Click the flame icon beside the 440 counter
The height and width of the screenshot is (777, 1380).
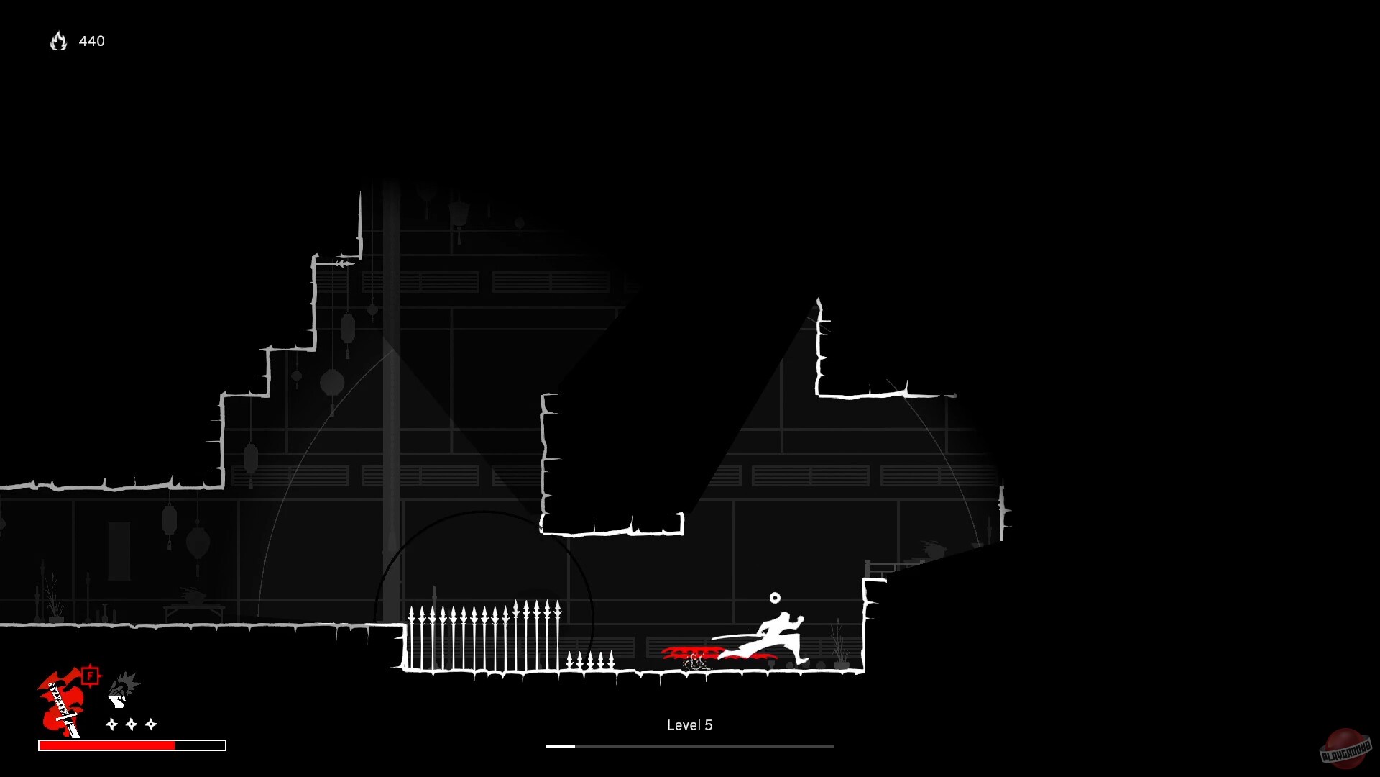coord(58,42)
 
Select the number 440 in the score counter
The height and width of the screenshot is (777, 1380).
coord(92,42)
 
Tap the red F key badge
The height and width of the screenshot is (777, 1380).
coord(90,676)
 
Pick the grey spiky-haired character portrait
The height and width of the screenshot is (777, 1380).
coord(123,689)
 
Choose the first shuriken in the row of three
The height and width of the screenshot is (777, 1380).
coord(111,724)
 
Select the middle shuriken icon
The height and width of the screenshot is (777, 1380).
coord(132,724)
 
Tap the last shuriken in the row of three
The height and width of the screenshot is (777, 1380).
coord(151,724)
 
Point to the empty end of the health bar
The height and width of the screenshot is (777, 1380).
coord(201,745)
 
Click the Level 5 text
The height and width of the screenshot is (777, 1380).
coord(689,725)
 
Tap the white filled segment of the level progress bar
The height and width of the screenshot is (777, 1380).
coord(561,747)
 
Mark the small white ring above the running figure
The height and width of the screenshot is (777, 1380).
coord(775,598)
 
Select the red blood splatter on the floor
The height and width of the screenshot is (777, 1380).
coord(690,653)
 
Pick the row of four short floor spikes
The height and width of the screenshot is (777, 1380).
coord(590,660)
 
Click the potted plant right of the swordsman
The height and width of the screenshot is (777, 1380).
coord(839,647)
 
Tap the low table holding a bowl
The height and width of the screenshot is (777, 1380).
coord(194,608)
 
